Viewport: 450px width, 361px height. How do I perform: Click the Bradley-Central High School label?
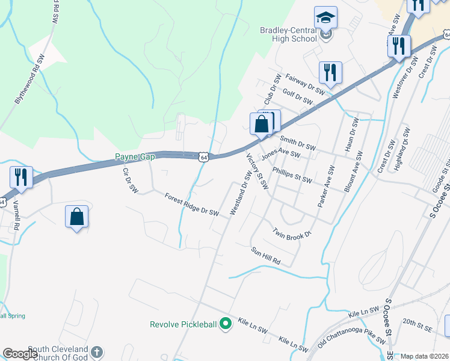click(288, 34)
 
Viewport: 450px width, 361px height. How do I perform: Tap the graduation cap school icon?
click(326, 17)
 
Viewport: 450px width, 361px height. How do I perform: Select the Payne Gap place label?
click(135, 157)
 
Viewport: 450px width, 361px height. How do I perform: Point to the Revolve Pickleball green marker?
click(226, 324)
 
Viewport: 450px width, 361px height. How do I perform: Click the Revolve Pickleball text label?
click(183, 324)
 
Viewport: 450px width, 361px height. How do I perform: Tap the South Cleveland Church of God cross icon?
click(97, 351)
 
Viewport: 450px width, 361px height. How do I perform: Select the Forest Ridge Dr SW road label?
click(191, 203)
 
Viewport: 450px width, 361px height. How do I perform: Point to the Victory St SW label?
click(257, 171)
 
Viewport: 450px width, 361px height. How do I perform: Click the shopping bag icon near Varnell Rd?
click(77, 217)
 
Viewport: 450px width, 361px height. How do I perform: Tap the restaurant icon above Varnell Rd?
click(20, 177)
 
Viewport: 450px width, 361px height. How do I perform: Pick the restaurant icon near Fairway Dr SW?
click(330, 73)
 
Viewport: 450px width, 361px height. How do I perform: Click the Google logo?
click(20, 354)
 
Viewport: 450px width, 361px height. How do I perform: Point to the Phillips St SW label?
click(292, 175)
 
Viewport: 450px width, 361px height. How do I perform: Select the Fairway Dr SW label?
click(307, 84)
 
